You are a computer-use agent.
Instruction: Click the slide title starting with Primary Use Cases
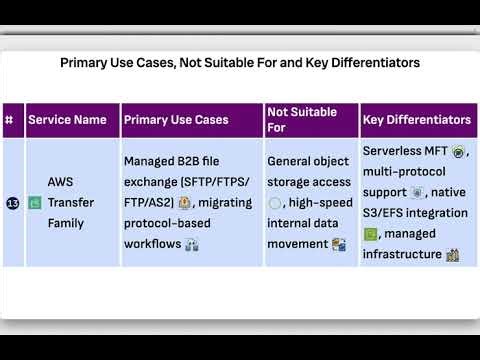tap(240, 62)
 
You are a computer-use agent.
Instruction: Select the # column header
tap(10, 120)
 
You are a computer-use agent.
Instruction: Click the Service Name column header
tap(67, 120)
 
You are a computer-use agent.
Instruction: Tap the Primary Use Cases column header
tap(175, 120)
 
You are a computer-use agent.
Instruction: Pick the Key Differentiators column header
tap(417, 120)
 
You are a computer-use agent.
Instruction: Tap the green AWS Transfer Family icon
tap(34, 203)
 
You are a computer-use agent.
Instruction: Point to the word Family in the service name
tap(66, 223)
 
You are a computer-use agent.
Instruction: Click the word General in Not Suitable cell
tap(292, 160)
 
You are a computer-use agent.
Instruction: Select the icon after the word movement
tap(339, 244)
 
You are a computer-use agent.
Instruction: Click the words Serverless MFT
tap(406, 151)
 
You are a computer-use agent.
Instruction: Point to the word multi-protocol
tap(400, 171)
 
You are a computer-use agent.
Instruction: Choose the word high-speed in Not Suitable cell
tap(315, 203)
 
